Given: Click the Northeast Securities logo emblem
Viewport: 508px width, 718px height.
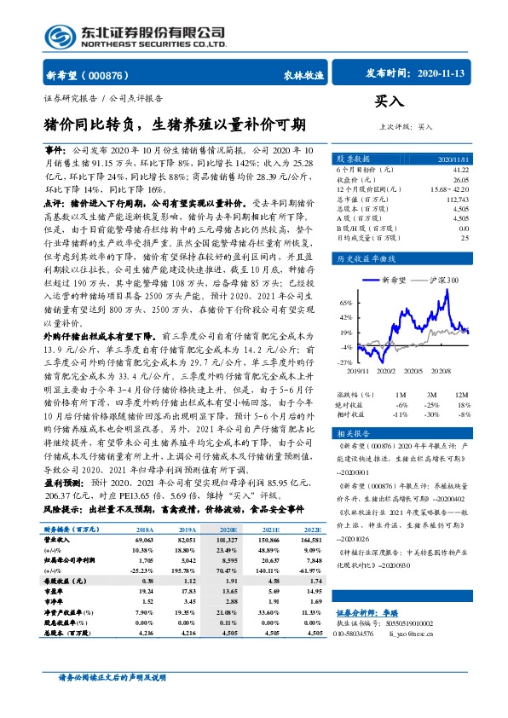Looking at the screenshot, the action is click(x=59, y=35).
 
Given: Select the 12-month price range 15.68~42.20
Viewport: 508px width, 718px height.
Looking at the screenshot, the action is click(x=450, y=188).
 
